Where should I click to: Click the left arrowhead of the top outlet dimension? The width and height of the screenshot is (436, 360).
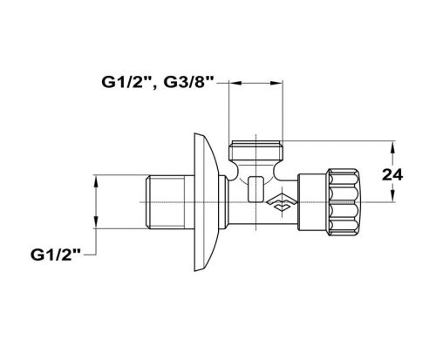point(233,85)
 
